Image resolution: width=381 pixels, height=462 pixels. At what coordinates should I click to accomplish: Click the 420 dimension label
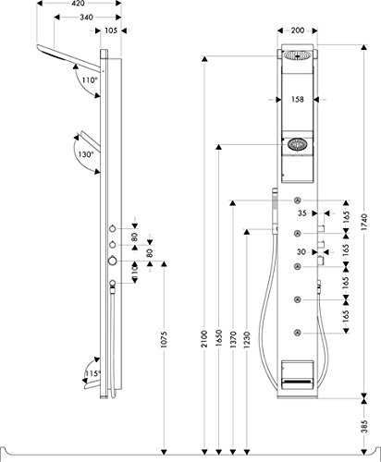pyautogui.click(x=80, y=4)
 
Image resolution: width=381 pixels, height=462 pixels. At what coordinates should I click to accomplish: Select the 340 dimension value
pyautogui.click(x=86, y=18)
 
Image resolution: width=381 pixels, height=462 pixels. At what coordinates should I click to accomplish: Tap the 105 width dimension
pyautogui.click(x=111, y=30)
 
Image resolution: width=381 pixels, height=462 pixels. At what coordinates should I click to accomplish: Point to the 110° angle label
pyautogui.click(x=90, y=80)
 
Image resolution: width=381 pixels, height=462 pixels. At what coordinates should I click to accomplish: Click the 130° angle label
pyautogui.click(x=86, y=154)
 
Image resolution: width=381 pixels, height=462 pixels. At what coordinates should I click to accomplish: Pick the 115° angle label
pyautogui.click(x=92, y=373)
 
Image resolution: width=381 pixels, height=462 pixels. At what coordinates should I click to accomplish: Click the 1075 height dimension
pyautogui.click(x=164, y=339)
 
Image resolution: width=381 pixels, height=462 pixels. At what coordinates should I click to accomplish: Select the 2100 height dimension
pyautogui.click(x=204, y=338)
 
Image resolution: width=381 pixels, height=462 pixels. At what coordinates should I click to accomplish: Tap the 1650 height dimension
pyautogui.click(x=219, y=338)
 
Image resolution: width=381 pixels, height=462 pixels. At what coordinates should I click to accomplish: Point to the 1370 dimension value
pyautogui.click(x=233, y=339)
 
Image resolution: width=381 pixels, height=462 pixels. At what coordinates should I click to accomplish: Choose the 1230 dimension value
pyautogui.click(x=247, y=339)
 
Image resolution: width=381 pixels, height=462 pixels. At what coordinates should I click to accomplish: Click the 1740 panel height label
pyautogui.click(x=364, y=222)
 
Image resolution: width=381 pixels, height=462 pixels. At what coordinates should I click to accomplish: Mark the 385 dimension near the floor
pyautogui.click(x=365, y=426)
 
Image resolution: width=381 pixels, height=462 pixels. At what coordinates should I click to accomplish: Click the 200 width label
pyautogui.click(x=298, y=30)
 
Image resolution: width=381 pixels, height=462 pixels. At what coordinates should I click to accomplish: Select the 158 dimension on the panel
pyautogui.click(x=297, y=99)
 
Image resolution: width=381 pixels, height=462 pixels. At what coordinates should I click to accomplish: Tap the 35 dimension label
pyautogui.click(x=302, y=213)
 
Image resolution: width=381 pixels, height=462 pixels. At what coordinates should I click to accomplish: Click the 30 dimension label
pyautogui.click(x=301, y=252)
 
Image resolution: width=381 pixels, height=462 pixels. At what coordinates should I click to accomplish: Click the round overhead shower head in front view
pyautogui.click(x=297, y=55)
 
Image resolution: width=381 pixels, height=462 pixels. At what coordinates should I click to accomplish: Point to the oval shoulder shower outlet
pyautogui.click(x=297, y=144)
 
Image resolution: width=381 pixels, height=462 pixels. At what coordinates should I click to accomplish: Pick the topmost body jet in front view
pyautogui.click(x=298, y=201)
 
